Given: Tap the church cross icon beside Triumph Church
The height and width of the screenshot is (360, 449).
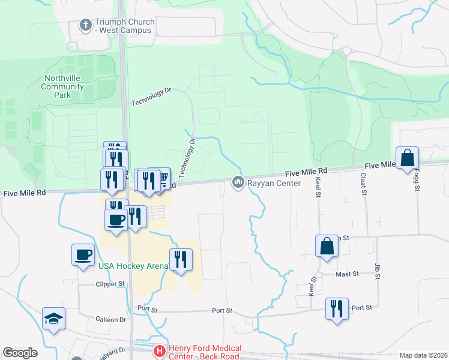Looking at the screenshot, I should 85,25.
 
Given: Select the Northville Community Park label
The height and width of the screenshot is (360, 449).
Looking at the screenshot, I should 62,86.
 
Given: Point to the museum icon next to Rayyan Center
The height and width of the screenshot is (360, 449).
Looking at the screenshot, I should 238,181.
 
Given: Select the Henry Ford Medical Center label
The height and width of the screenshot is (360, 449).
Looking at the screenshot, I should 205,352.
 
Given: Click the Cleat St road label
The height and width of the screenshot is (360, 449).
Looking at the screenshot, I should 363,184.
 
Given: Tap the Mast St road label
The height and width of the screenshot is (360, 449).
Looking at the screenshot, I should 347,274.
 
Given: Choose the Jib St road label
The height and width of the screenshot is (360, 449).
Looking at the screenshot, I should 378,271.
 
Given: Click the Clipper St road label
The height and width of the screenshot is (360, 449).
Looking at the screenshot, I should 109,283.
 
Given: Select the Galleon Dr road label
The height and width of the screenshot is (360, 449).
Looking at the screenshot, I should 110,320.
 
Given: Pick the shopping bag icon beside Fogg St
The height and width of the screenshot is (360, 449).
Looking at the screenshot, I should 407,158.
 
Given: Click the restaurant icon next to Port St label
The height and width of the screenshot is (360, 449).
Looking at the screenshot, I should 337,308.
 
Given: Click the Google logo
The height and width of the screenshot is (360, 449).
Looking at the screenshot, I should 20,353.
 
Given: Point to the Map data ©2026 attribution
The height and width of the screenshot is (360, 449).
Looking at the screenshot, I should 423,355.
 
